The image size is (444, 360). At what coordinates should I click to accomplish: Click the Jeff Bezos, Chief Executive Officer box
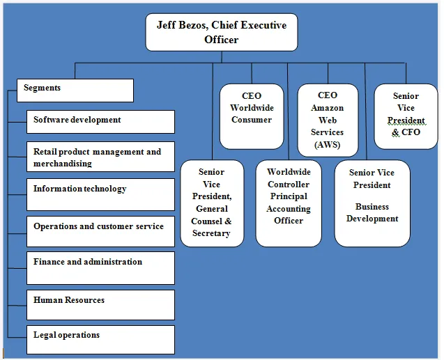tap(221, 33)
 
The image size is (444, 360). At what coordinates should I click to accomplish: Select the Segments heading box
tap(75, 90)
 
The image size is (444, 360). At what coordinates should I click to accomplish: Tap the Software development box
tap(100, 121)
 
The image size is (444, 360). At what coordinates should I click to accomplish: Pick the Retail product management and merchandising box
tap(100, 157)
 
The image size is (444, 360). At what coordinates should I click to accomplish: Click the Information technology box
tap(100, 194)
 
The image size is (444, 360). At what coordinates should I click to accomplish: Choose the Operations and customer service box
tap(100, 230)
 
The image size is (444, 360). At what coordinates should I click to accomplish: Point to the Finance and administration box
tap(100, 267)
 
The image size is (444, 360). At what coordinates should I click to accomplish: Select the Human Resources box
tap(100, 304)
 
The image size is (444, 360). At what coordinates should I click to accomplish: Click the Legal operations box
tap(100, 339)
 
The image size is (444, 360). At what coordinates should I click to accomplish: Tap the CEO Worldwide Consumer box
tap(252, 116)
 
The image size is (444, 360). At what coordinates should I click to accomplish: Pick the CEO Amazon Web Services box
tap(328, 120)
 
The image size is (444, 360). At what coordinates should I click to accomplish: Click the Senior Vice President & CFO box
tap(406, 116)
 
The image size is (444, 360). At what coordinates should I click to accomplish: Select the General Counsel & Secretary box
tap(211, 203)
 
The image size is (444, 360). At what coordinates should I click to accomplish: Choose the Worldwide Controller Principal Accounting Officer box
tap(289, 203)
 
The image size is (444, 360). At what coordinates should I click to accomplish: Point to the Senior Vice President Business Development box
tap(372, 203)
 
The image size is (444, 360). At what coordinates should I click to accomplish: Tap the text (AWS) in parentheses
tap(328, 145)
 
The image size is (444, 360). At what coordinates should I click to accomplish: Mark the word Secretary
tap(211, 233)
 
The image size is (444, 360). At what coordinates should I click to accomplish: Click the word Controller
tap(289, 185)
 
